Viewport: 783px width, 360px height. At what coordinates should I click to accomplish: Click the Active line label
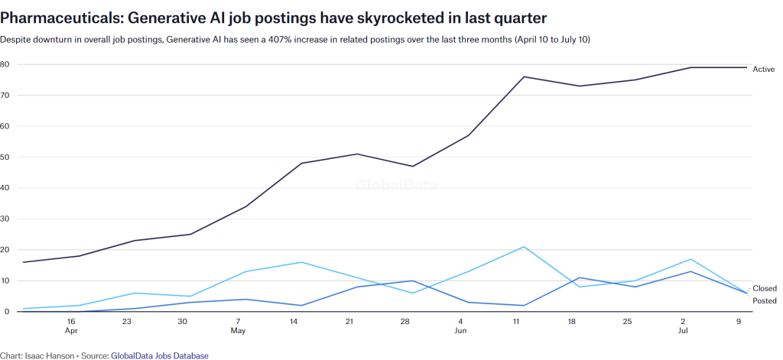763,70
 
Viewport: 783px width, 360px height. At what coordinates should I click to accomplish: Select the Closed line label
764,289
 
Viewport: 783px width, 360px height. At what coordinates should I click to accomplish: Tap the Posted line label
764,301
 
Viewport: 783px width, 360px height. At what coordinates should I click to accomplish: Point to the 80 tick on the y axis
5,64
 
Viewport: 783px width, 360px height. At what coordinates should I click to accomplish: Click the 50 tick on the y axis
5,157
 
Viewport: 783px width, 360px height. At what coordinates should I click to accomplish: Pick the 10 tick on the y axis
5,281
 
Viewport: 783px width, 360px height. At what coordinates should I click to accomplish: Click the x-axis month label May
238,332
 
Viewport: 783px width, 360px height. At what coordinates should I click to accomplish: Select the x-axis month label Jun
460,332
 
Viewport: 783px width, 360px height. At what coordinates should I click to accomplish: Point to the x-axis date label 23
127,322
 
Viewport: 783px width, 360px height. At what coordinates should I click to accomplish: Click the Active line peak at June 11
524,76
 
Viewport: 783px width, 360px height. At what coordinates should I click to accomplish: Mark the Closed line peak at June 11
524,247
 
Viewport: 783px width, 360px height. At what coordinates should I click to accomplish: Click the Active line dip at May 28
413,166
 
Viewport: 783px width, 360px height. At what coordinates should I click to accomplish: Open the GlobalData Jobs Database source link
159,355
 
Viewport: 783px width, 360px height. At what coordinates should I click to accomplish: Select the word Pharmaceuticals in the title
59,15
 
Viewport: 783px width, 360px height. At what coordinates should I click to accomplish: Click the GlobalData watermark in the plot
391,183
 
